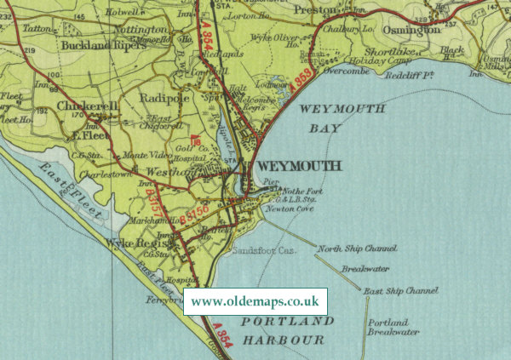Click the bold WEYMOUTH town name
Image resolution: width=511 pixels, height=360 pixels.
coord(298,166)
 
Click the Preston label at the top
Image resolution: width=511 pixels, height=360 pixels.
coord(316,9)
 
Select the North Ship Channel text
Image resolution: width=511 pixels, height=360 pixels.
coord(357,249)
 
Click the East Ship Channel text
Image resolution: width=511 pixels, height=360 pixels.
coord(399,291)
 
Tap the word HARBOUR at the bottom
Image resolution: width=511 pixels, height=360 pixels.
coord(283,340)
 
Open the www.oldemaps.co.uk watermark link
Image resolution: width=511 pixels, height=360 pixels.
coord(255,301)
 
